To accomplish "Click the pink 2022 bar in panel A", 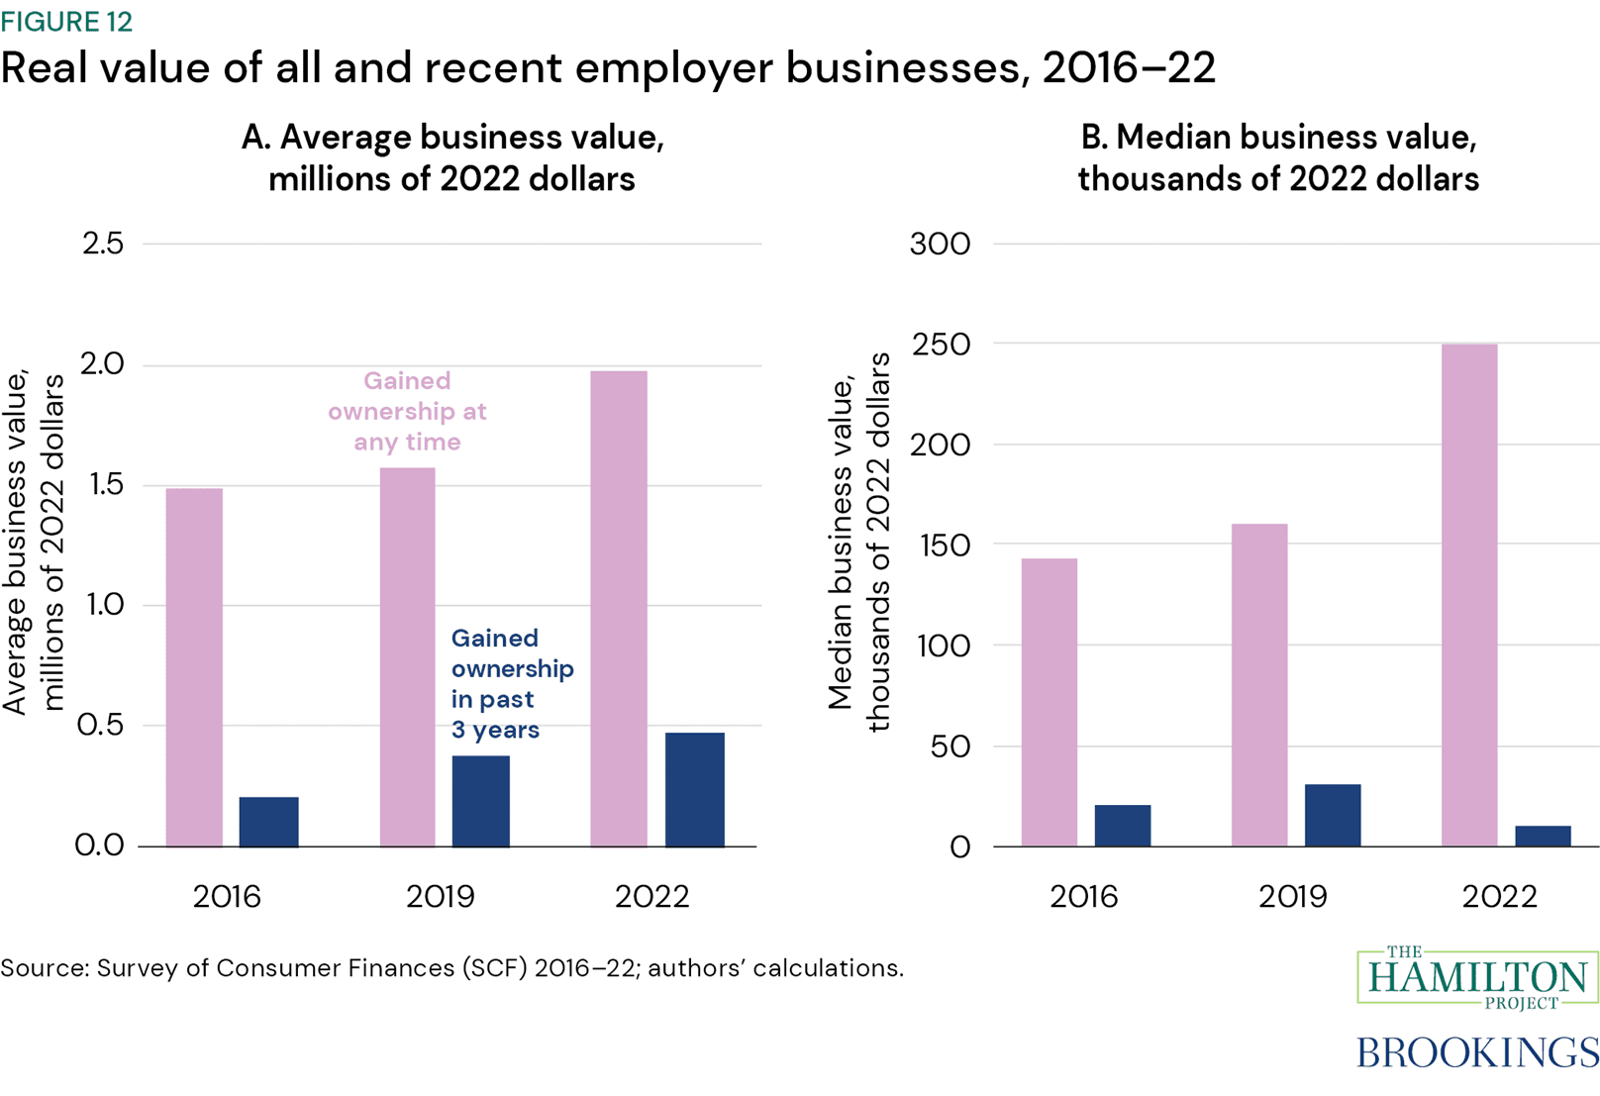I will (619, 609).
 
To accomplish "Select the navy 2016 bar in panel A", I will (268, 822).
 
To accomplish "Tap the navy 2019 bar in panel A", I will (481, 801).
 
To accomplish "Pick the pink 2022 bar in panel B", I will (1469, 594).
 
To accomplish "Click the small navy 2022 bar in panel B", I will (1543, 836).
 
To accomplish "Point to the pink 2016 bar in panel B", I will (1050, 702).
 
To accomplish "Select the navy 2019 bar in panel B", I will (1333, 815).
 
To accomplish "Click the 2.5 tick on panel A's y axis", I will (103, 244).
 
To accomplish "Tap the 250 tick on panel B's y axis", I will (940, 345).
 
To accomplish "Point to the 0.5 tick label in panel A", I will (101, 725).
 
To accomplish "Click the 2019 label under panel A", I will (440, 896).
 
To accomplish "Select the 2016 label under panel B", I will (1083, 896).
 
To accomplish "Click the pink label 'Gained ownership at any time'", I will (407, 411).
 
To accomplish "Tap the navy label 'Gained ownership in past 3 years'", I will (510, 683).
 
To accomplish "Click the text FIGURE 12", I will (66, 22).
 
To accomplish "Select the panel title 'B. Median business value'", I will (1278, 138).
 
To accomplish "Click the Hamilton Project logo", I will (1477, 978).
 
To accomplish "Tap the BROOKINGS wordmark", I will (1477, 1051).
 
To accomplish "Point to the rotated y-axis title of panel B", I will (858, 543).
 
